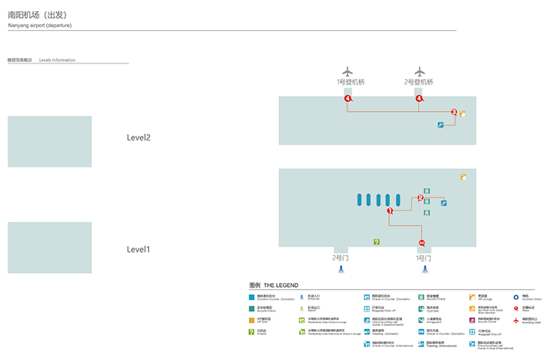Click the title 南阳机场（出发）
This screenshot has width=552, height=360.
(35, 15)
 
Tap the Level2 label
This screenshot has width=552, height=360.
(139, 138)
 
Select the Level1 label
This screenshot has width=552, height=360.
(139, 249)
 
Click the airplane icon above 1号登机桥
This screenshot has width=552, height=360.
(348, 72)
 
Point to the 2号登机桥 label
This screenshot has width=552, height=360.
(419, 82)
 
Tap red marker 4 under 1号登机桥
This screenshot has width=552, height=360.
(348, 99)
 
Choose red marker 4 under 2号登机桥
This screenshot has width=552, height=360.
(419, 99)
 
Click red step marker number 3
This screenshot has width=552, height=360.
(454, 113)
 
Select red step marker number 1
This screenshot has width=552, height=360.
(390, 211)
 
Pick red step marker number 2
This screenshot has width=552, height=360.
(420, 198)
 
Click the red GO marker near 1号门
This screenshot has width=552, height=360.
(422, 242)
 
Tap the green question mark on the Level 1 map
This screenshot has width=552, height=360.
(376, 242)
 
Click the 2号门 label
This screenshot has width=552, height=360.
(341, 257)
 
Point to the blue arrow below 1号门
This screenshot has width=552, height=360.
(425, 269)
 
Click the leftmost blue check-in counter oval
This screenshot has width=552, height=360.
(359, 200)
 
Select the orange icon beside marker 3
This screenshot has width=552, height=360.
(463, 115)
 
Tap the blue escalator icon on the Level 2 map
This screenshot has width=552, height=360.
(440, 125)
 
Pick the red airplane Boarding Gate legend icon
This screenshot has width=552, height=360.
(516, 319)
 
